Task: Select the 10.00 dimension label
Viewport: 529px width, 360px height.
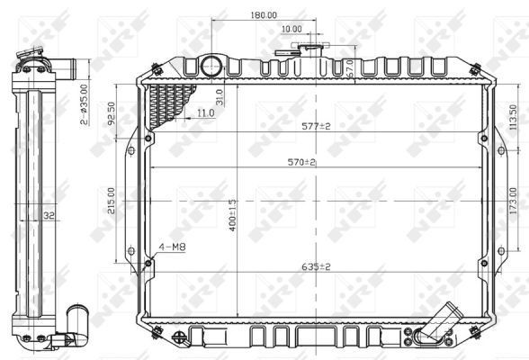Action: pos(291,29)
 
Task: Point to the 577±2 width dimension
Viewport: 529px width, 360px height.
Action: pos(316,126)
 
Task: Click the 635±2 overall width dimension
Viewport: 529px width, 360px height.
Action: pos(315,266)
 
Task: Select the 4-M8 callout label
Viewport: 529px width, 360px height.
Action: pos(172,246)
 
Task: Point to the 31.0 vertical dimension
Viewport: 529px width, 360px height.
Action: pos(220,96)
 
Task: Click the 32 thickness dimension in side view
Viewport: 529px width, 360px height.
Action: pos(49,215)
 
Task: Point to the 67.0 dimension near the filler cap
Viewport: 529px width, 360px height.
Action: pos(349,67)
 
